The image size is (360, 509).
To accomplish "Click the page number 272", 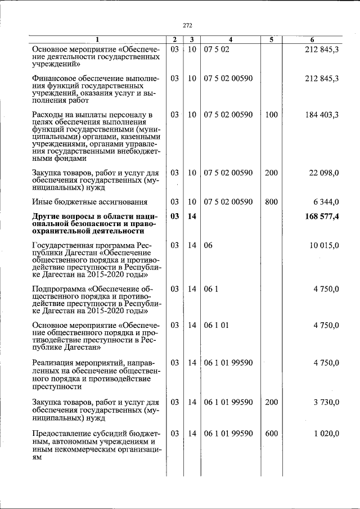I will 188,25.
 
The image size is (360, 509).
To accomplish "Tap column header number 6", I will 313,39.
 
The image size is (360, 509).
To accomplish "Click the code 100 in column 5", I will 271,115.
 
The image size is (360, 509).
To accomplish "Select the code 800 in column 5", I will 271,201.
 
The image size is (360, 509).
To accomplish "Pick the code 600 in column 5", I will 271,433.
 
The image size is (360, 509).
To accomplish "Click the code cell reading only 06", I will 209,245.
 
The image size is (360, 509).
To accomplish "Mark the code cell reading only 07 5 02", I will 217,49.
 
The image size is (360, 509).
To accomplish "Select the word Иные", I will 42,201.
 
